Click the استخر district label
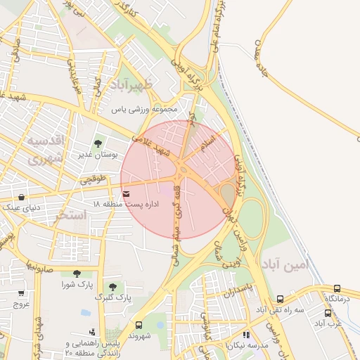70,216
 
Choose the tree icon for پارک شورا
76,274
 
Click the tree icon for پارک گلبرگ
112,287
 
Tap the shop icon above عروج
21,294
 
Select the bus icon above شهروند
138,325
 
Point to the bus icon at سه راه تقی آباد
281,299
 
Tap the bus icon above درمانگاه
337,288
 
